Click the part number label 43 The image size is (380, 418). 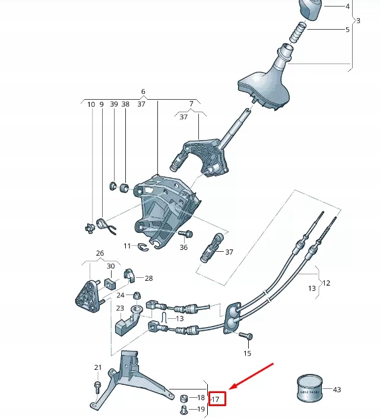click(337, 389)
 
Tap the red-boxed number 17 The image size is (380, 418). click(216, 400)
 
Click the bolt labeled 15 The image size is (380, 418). click(243, 337)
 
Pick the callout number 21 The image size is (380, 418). click(98, 368)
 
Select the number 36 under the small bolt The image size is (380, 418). click(183, 247)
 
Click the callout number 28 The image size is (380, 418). click(148, 278)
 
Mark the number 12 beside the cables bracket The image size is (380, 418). click(326, 283)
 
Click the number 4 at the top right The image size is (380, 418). click(348, 7)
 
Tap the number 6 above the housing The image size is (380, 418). click(143, 92)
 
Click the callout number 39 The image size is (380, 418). click(114, 104)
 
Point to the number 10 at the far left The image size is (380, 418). click(91, 104)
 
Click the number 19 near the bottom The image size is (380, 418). click(201, 409)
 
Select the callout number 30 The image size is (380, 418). click(110, 266)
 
